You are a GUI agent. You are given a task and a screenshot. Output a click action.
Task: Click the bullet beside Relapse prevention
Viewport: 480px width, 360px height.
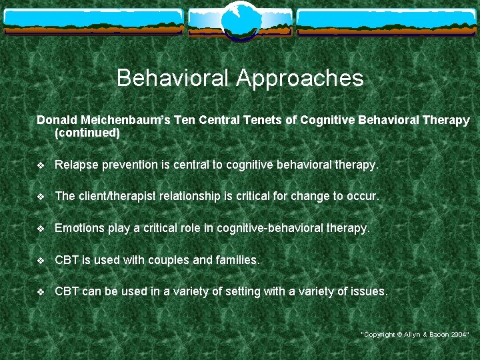[41, 165]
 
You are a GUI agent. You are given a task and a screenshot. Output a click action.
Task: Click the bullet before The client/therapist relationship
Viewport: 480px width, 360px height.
[41, 197]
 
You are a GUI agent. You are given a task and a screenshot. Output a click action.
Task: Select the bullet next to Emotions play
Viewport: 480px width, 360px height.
[41, 228]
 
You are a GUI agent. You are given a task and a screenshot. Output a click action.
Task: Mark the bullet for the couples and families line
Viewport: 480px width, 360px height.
[41, 260]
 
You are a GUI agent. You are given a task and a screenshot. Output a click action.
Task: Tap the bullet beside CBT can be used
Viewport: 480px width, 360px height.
[41, 291]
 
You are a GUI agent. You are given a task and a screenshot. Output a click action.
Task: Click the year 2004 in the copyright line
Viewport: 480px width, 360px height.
[459, 334]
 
